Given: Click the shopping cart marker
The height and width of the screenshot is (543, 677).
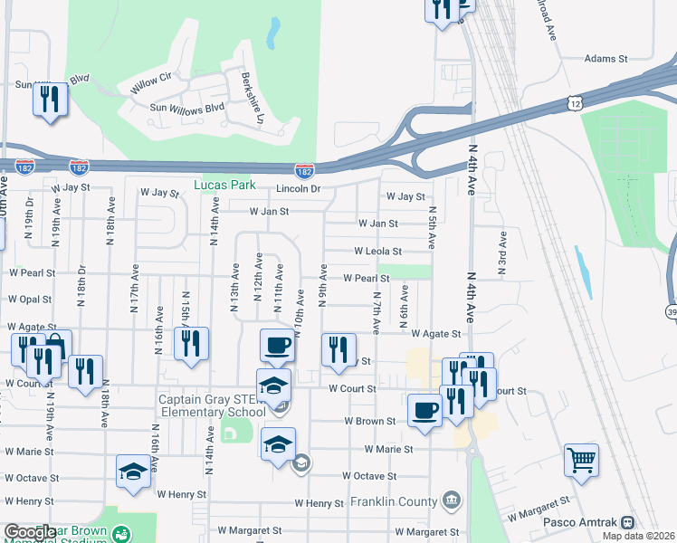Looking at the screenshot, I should point(581,460).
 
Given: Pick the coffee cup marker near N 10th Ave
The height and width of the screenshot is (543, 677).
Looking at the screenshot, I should point(277,345).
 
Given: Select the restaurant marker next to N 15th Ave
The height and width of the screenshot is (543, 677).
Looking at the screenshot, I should point(191,343).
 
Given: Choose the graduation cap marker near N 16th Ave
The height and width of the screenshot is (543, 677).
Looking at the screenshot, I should point(134,471).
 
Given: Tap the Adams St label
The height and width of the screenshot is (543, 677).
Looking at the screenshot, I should point(605,58).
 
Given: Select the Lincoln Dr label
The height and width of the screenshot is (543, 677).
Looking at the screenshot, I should point(298,188).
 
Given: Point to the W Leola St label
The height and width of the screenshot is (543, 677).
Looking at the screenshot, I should point(377,251).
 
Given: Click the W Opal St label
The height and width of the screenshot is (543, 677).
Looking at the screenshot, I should point(29,299).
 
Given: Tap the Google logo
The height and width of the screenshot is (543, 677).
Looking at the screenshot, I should point(29,533).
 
